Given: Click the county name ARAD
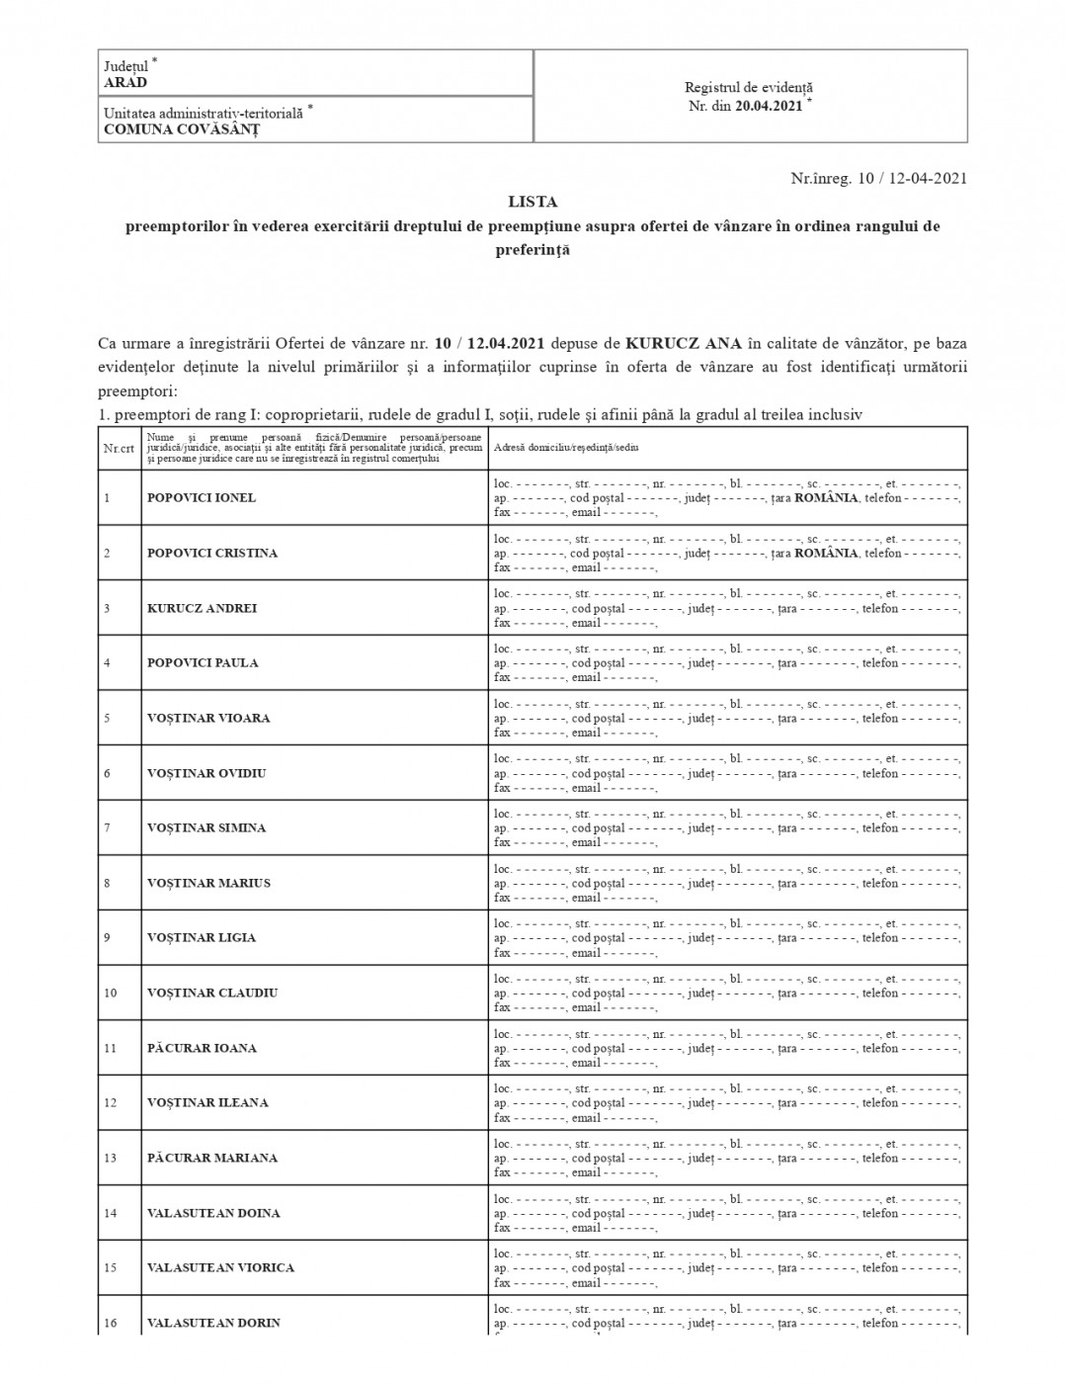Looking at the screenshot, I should coord(125,83).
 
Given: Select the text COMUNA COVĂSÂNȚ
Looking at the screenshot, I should coord(182,129).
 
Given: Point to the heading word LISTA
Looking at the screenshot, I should coord(533,202).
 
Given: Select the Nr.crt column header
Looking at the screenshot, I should coord(119,448).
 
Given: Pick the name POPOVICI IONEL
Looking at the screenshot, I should coord(202,498).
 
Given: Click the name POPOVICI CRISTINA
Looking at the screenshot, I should coord(212,554).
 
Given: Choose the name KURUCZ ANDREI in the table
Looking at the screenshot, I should coord(202,609).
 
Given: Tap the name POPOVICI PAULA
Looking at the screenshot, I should coord(203,663).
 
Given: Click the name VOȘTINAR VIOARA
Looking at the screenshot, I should coord(208,719).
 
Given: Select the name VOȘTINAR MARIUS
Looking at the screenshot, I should coord(208,884).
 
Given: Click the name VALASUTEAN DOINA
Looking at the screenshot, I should coord(213,1214).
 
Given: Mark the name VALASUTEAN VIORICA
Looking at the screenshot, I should coord(220,1268).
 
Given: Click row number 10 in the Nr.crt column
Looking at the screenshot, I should coord(110,994).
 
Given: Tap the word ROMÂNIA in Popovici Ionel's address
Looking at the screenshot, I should coord(826,498).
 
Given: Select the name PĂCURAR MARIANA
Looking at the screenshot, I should coord(212,1159).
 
